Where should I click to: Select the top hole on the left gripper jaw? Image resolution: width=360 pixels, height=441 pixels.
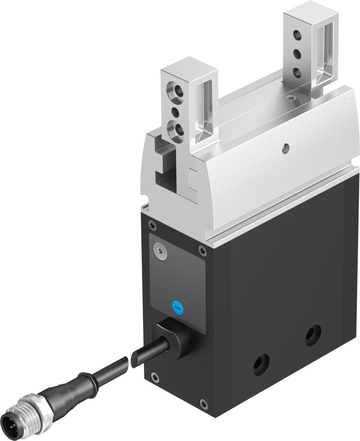click(x=175, y=91)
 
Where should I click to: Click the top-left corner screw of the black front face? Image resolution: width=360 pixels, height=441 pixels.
click(x=150, y=223)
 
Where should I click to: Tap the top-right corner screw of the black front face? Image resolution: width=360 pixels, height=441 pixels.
click(x=202, y=248)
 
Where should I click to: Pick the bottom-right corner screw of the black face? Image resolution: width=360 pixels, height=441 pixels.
click(x=204, y=403)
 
